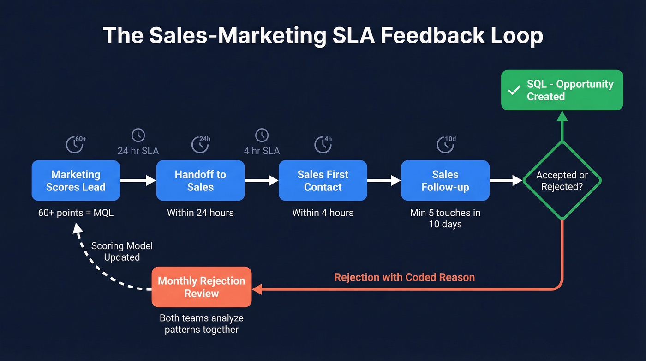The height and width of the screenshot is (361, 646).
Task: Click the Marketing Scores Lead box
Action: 76,181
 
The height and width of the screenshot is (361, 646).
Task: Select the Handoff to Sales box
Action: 200,181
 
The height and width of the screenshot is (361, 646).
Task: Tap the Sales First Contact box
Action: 323,181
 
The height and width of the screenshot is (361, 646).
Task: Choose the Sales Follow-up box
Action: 445,181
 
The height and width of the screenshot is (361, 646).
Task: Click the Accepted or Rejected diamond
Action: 562,181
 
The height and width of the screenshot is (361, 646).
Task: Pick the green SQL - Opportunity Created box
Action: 562,90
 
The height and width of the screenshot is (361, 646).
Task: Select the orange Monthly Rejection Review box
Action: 202,287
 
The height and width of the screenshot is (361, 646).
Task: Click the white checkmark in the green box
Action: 514,91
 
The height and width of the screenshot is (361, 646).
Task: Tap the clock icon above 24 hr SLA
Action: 138,135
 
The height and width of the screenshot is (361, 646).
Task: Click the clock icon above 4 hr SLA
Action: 262,135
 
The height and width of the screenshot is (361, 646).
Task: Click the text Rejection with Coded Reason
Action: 404,277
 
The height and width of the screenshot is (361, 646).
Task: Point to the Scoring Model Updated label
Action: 122,251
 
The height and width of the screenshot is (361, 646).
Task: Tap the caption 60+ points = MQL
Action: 76,213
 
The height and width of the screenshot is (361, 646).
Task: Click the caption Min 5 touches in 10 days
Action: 445,219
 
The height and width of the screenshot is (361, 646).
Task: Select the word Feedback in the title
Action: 439,36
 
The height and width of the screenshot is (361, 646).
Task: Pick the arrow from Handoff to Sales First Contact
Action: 261,181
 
